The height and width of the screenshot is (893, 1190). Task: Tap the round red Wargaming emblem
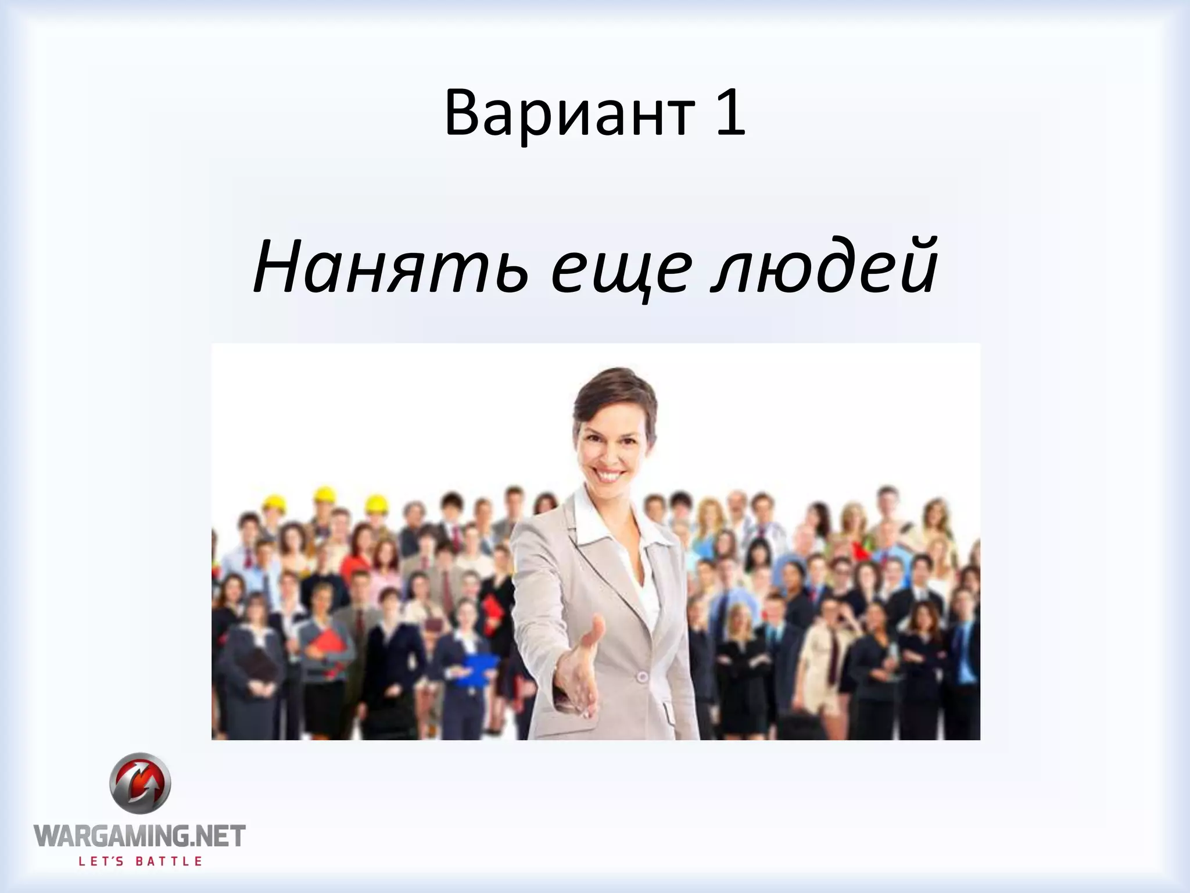click(x=141, y=785)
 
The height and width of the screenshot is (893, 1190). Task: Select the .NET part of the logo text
click(x=217, y=837)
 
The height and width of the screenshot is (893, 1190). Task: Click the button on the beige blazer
click(x=641, y=677)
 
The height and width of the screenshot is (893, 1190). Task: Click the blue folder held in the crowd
click(x=476, y=669)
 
